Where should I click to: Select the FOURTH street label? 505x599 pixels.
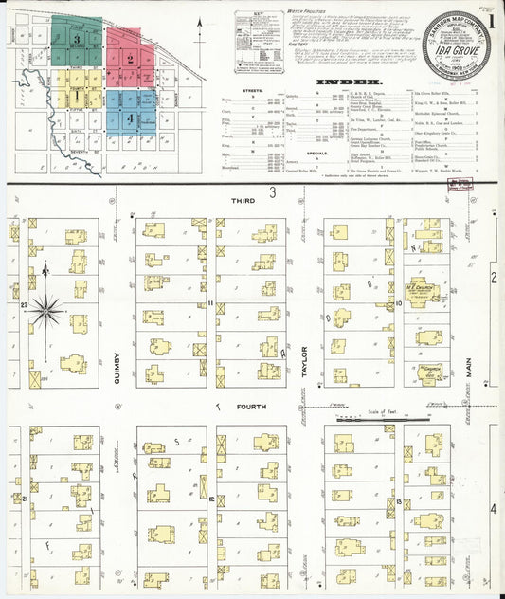251,407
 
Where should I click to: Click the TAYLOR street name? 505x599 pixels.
305,360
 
